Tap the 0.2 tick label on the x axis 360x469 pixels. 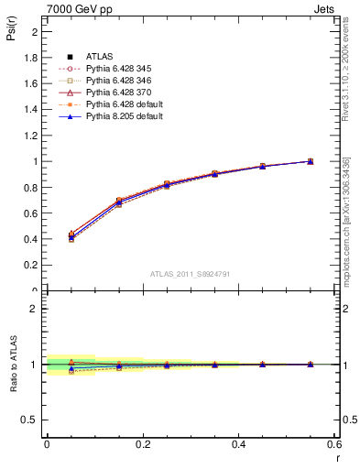click(142, 444)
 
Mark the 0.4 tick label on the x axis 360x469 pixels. click(238, 444)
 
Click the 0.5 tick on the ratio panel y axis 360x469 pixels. click(31, 420)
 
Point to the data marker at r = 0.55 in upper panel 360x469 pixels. click(311, 161)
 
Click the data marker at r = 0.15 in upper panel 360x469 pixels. click(118, 202)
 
